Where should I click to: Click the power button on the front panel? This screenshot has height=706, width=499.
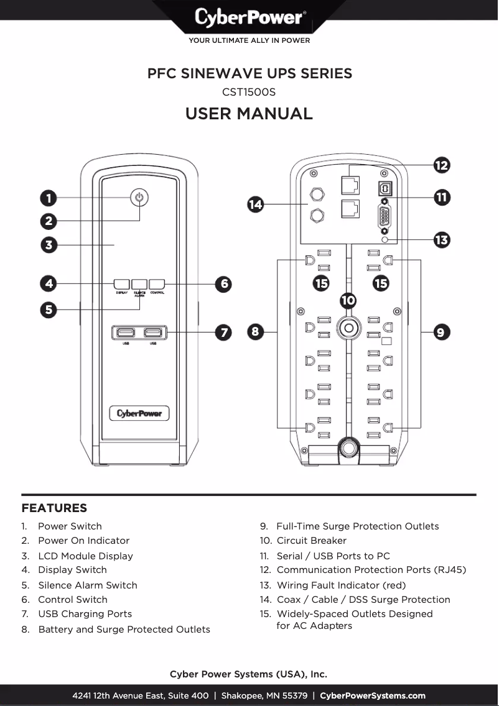click(139, 198)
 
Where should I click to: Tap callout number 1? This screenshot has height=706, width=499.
click(48, 198)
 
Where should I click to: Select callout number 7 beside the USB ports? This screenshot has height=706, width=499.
click(223, 332)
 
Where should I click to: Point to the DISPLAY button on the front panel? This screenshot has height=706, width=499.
click(121, 284)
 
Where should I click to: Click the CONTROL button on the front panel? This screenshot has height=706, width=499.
click(157, 284)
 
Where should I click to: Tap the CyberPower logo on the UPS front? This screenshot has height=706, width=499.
click(139, 413)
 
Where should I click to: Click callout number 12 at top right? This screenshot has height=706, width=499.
click(441, 165)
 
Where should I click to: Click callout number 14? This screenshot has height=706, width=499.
click(255, 204)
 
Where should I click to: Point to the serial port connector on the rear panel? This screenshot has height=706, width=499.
click(385, 218)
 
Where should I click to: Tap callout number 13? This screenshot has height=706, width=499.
click(441, 240)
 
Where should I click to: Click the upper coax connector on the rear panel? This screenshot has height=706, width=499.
click(317, 194)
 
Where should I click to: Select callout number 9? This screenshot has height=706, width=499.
click(441, 332)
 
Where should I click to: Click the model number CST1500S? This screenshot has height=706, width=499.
click(249, 92)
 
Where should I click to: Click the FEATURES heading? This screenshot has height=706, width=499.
click(54, 508)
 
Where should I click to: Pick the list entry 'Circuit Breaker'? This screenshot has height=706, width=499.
click(311, 541)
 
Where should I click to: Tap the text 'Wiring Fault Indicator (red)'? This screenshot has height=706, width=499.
click(341, 585)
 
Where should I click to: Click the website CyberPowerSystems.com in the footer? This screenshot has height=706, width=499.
click(372, 695)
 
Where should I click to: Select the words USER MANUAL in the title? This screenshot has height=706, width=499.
click(249, 114)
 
